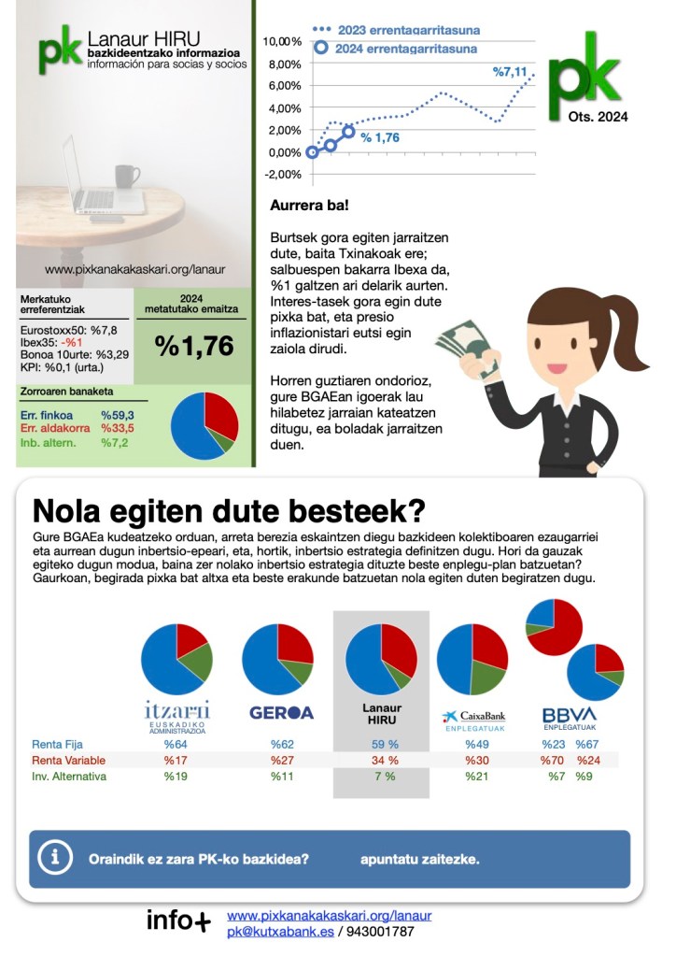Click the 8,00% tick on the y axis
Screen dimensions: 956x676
[x=283, y=64]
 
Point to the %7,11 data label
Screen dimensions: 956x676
[x=510, y=71]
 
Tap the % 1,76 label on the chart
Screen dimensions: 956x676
[x=380, y=137]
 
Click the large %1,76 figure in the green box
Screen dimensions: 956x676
[x=194, y=346]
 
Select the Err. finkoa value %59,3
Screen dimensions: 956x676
[x=118, y=415]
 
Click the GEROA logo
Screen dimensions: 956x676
[x=281, y=712]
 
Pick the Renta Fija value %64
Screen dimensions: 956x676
[x=176, y=745]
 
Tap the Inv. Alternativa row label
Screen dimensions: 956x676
[x=69, y=777]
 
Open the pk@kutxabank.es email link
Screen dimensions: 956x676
[x=279, y=932]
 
